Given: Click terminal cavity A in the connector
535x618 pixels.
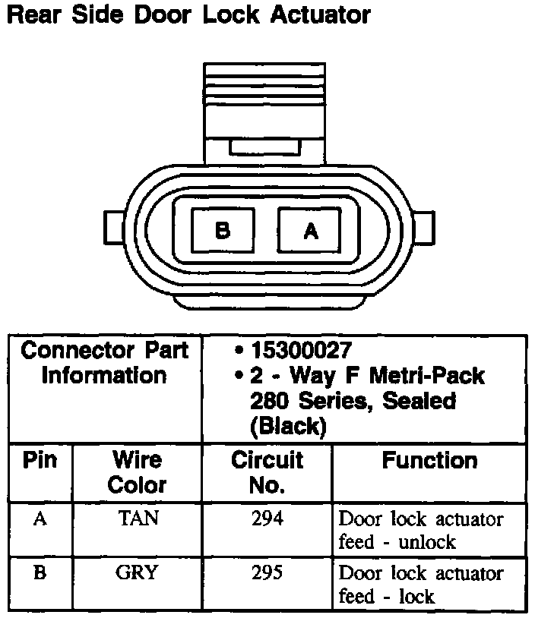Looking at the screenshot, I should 310,231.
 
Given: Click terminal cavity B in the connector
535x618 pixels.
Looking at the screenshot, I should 223,231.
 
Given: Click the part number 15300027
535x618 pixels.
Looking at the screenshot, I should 301,351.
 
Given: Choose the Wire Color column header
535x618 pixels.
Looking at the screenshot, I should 137,471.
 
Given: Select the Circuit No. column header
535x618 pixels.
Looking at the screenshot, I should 267,471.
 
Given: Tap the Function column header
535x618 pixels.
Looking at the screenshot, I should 429,460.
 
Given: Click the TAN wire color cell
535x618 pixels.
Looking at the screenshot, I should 138,519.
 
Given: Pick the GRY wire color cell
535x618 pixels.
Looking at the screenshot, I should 137,573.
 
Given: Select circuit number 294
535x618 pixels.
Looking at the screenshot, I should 267,519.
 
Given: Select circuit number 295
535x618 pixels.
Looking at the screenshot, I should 267,573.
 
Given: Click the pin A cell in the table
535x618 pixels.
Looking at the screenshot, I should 40,519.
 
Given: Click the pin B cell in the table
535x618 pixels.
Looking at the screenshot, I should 40,573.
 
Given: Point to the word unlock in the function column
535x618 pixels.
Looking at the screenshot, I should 428,542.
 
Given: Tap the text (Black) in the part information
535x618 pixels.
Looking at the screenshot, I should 288,427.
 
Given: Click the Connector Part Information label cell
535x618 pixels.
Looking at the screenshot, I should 104,363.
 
